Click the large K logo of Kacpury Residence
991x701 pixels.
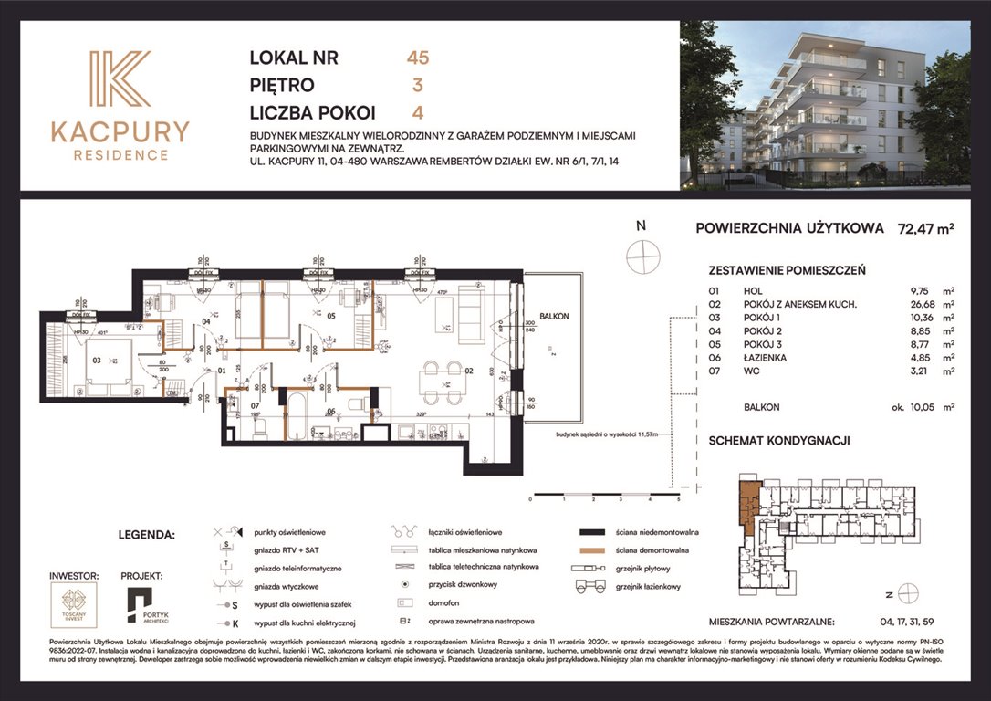(x=120, y=80)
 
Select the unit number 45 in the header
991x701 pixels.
(x=418, y=58)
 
